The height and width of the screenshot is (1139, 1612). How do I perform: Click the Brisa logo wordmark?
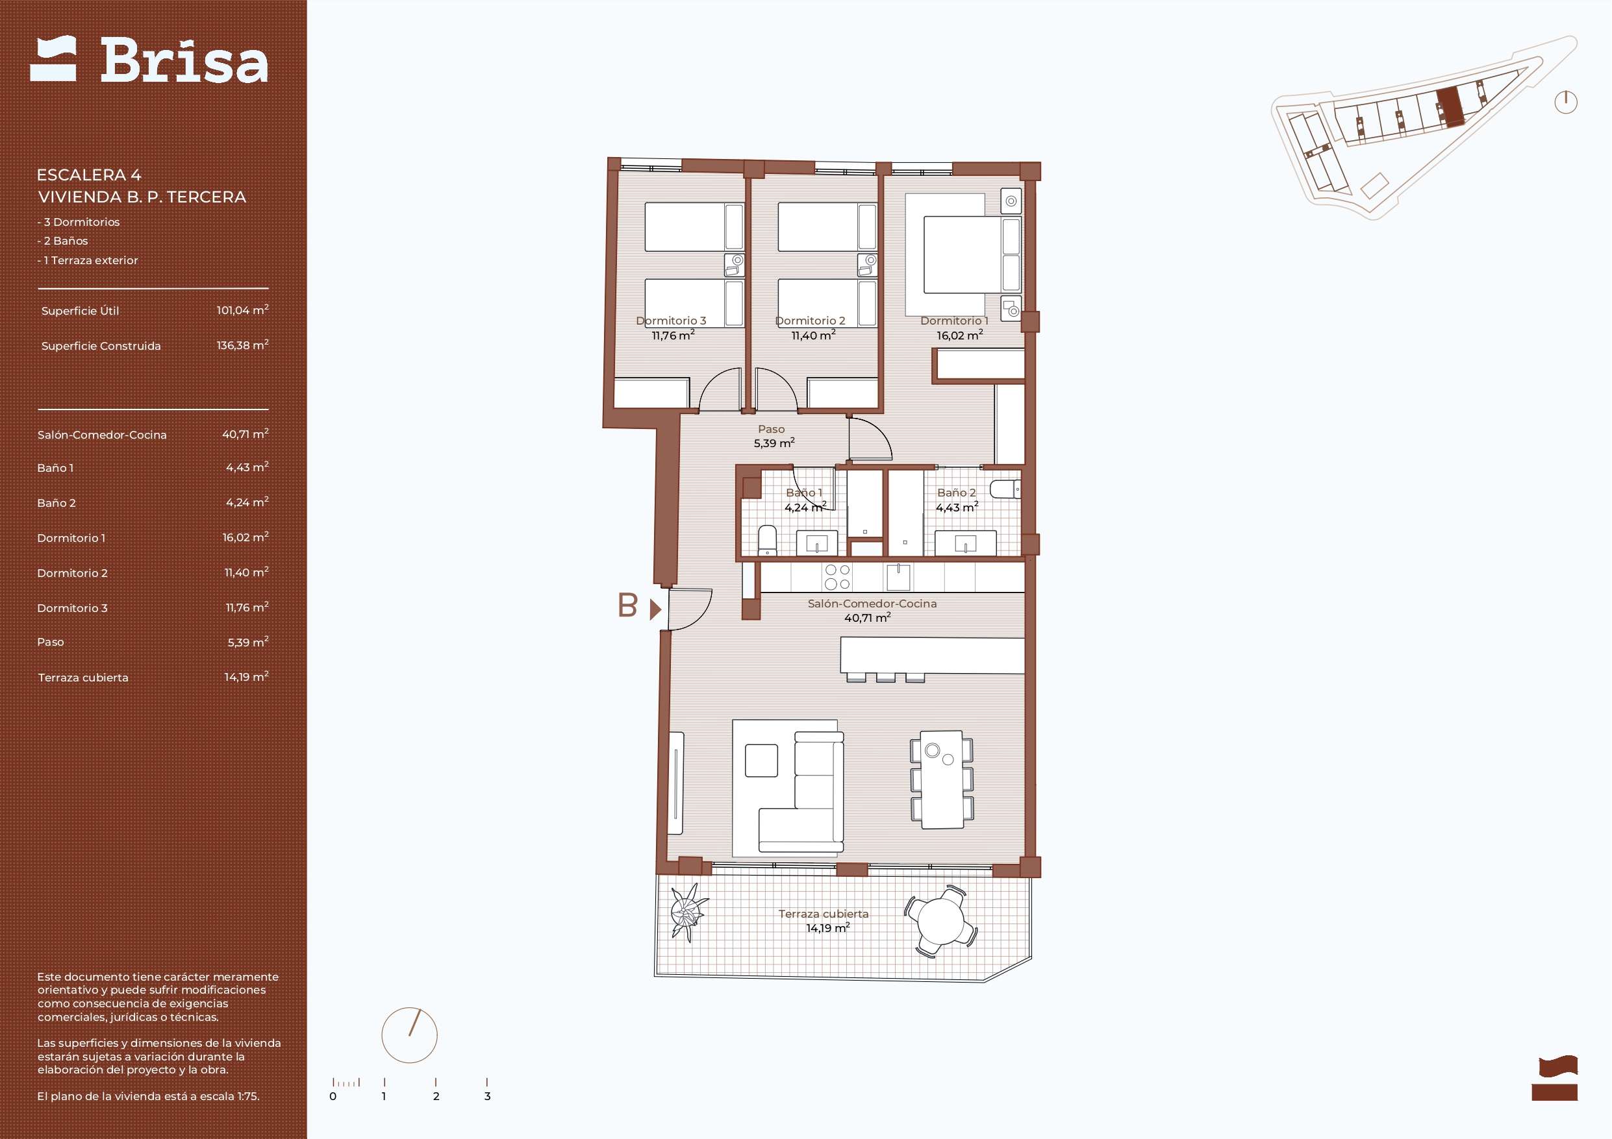coord(184,61)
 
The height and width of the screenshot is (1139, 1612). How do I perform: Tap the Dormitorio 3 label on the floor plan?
coord(671,321)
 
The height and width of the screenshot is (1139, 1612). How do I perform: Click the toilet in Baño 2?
coord(1005,489)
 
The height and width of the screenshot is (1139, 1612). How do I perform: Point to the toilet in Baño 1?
coord(768,541)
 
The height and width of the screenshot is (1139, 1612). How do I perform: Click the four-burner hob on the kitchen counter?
coord(838,577)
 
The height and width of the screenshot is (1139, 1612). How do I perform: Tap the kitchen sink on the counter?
coord(898,577)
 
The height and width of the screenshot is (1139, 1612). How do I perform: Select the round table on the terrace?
coord(941,920)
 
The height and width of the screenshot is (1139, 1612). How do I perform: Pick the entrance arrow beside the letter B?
coord(656,609)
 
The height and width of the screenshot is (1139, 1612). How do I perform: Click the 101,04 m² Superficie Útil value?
coord(242,310)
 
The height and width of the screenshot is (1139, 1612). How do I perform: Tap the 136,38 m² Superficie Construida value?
coord(242,345)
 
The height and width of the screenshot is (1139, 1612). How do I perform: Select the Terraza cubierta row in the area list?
coord(153,677)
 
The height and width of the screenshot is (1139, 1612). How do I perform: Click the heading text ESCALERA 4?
coord(89,175)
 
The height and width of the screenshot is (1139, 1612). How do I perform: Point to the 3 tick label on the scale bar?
coord(487,1096)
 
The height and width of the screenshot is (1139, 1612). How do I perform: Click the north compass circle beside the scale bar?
coord(409,1035)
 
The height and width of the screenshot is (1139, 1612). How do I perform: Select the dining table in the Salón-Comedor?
coord(942,779)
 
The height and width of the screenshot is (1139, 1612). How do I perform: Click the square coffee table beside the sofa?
coord(761,761)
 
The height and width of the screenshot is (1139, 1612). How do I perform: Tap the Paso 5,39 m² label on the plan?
coord(774,436)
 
